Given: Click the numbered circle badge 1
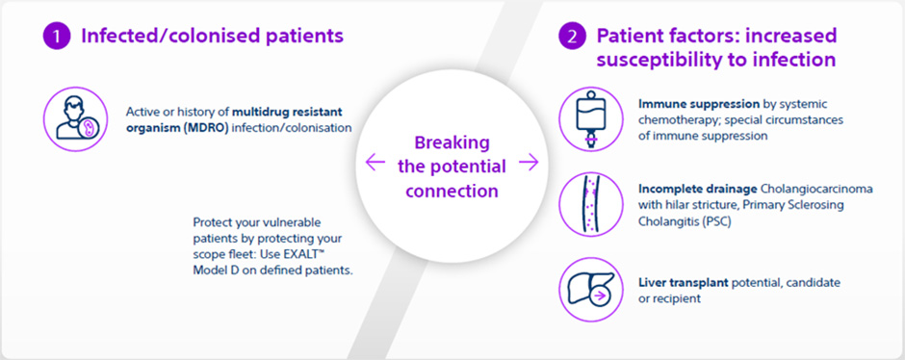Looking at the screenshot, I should [57, 38].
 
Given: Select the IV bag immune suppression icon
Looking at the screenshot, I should [586, 119].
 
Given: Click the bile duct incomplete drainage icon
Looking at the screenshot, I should [586, 203].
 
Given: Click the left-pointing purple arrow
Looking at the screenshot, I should [375, 164].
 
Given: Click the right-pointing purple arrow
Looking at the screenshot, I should [528, 164].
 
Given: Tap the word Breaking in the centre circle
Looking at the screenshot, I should [451, 141].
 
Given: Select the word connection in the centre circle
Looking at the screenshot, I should [451, 191].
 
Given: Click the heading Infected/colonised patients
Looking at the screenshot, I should [212, 38].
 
